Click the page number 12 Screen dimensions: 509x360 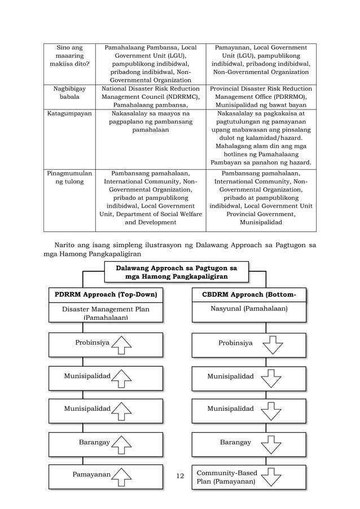click(181, 476)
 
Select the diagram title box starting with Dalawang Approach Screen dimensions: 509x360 click(176, 272)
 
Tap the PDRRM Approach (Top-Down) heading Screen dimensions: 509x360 click(106, 295)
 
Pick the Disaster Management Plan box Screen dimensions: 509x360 click(106, 313)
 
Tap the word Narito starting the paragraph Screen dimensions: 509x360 click(66, 245)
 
